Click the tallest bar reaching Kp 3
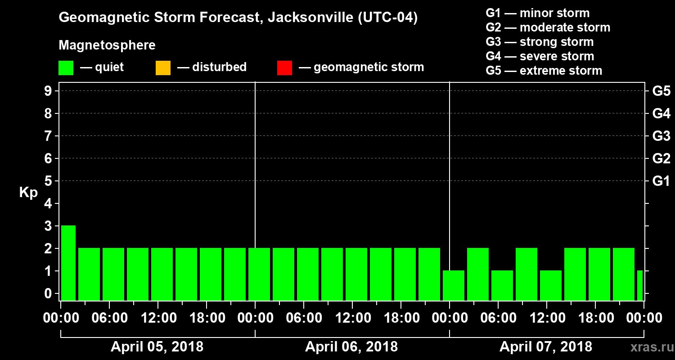[68, 262]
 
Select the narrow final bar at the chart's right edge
[640, 285]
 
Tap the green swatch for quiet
[66, 68]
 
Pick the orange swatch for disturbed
[163, 68]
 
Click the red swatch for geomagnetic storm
[284, 68]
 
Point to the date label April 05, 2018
[157, 347]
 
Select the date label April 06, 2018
[351, 347]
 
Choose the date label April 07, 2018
[546, 347]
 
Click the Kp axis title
[28, 193]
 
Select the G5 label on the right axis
[661, 91]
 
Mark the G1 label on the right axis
[661, 181]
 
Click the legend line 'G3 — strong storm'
[540, 42]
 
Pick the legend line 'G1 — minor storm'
[537, 13]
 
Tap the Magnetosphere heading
[107, 45]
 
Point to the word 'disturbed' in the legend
[219, 67]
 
